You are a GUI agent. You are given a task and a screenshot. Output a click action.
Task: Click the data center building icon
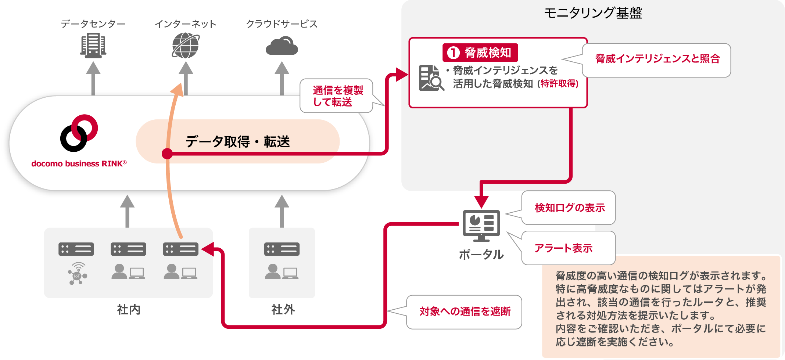click(x=93, y=45)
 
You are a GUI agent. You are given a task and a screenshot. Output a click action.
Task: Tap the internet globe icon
click(x=186, y=45)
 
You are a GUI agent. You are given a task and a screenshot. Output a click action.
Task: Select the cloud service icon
click(x=282, y=46)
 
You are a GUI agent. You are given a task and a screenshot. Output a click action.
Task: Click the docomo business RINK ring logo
click(x=79, y=133)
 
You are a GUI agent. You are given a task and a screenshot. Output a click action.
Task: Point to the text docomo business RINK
click(x=79, y=164)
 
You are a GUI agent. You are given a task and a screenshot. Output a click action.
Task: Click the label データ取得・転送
click(x=237, y=141)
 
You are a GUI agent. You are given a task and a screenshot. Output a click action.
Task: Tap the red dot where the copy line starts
click(x=167, y=154)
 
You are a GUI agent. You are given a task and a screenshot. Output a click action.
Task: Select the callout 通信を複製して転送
click(x=337, y=96)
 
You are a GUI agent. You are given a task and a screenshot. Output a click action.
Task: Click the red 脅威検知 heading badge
click(x=480, y=53)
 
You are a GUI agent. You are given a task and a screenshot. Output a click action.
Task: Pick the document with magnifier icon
click(x=431, y=78)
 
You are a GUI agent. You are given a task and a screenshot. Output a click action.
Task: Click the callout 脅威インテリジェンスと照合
click(x=657, y=60)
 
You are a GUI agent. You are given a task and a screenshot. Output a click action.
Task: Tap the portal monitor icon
click(x=481, y=225)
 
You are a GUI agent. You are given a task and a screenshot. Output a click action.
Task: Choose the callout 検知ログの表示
click(x=569, y=208)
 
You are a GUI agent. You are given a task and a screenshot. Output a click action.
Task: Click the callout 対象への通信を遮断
click(x=465, y=312)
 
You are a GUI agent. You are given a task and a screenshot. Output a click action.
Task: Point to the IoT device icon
click(x=77, y=274)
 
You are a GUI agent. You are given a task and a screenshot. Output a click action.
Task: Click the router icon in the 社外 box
click(x=282, y=249)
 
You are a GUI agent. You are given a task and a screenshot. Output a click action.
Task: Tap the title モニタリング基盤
click(x=593, y=13)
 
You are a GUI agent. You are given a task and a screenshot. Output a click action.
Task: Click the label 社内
click(x=129, y=309)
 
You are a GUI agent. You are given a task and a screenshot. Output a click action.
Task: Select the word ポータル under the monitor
click(x=481, y=255)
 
